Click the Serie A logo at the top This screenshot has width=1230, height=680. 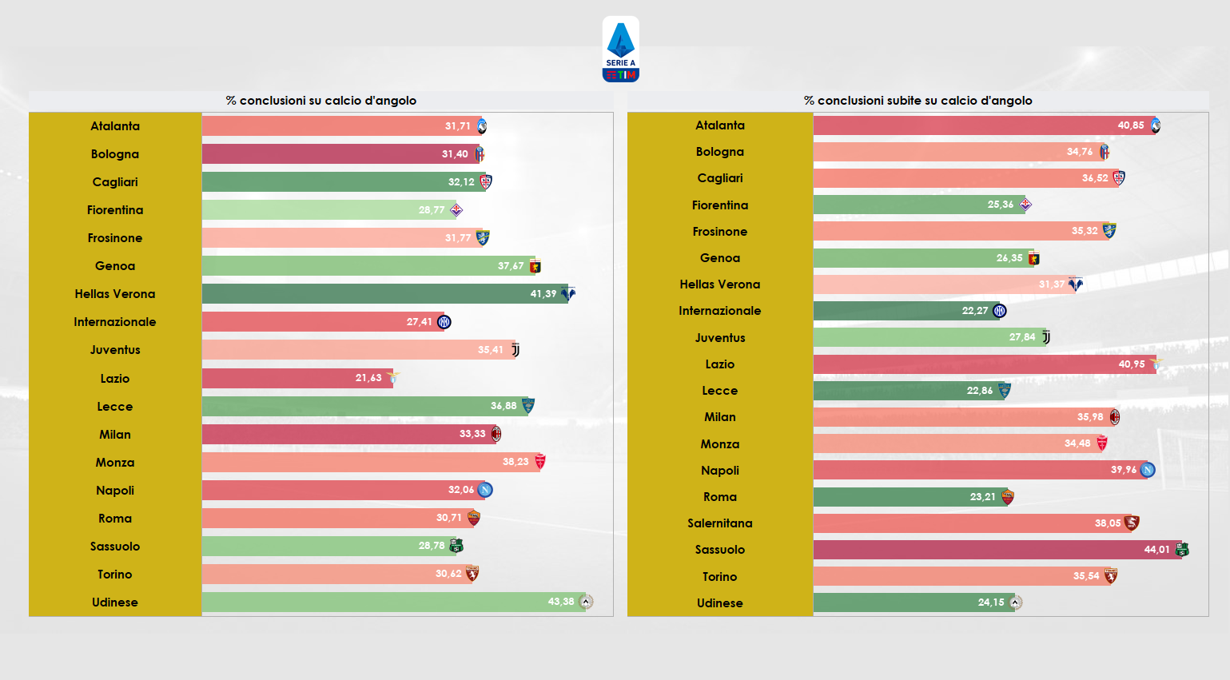(x=620, y=50)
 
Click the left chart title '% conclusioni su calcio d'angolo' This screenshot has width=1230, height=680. (x=320, y=101)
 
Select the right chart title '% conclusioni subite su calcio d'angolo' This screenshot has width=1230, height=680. (x=918, y=101)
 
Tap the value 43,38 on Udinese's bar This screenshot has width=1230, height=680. (x=560, y=602)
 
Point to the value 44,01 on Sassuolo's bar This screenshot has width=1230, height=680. (x=1156, y=550)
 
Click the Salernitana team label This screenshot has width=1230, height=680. (x=719, y=523)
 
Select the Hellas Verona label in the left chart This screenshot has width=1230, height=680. (x=115, y=294)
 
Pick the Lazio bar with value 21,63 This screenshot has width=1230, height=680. (x=296, y=378)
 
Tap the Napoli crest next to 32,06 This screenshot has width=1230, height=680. (x=485, y=490)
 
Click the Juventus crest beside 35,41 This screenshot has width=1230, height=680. (x=515, y=350)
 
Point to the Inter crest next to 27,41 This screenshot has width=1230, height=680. (x=444, y=322)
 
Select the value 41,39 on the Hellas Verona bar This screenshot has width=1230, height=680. (x=543, y=294)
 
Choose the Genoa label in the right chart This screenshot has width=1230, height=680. (x=719, y=258)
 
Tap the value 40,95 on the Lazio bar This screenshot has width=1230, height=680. (x=1131, y=364)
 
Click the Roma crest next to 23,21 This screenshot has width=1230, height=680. (x=1007, y=497)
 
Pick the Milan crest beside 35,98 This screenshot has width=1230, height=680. (x=1114, y=417)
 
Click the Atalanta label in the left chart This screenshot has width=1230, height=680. (x=115, y=126)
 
